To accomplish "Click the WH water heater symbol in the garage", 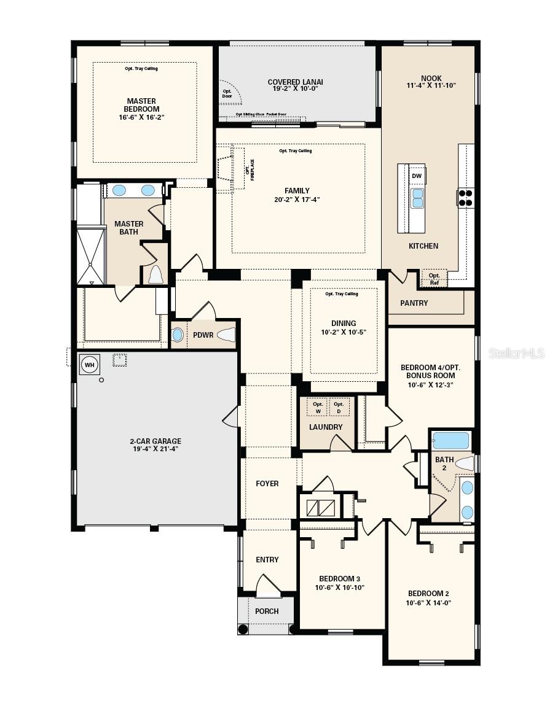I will click(x=90, y=365).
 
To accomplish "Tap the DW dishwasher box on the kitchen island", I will click(x=417, y=176).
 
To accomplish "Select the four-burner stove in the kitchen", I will click(x=466, y=198).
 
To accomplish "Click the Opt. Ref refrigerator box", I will click(x=434, y=279).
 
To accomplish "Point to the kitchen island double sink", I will click(x=417, y=198).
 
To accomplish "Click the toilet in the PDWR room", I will click(x=226, y=335).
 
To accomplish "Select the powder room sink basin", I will click(x=178, y=335).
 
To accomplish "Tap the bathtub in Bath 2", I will click(x=451, y=441).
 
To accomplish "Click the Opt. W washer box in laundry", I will click(x=318, y=407).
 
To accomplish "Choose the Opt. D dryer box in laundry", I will click(x=339, y=407).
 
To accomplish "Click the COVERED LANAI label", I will click(x=295, y=82).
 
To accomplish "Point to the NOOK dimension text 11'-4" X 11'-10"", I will click(x=431, y=86).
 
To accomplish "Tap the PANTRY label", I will click(x=414, y=303).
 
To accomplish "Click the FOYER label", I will click(x=267, y=484).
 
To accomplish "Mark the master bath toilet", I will click(x=155, y=274).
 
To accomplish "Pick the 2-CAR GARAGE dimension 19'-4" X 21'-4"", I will click(x=155, y=449).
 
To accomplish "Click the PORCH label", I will click(x=267, y=611).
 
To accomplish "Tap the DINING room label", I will click(x=343, y=324).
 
